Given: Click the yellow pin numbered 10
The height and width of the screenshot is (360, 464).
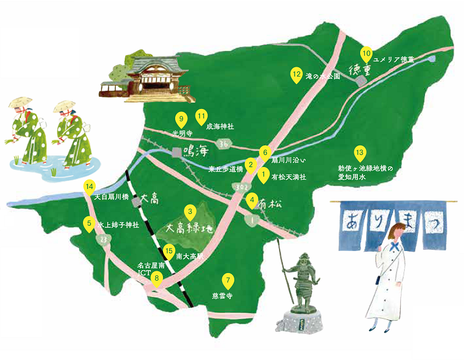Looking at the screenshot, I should click(x=366, y=54).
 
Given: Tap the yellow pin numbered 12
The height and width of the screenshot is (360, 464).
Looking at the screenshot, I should click(x=296, y=75).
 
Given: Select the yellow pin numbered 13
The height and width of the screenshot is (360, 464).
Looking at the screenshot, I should click(x=360, y=153).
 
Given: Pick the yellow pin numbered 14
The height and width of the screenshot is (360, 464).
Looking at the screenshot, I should click(x=89, y=187).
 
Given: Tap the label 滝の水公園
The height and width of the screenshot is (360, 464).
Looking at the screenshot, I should click(x=322, y=76).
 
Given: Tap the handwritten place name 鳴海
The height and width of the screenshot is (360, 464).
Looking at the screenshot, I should click(x=195, y=152).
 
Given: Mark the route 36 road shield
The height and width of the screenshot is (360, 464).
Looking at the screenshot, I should click(x=224, y=143).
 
